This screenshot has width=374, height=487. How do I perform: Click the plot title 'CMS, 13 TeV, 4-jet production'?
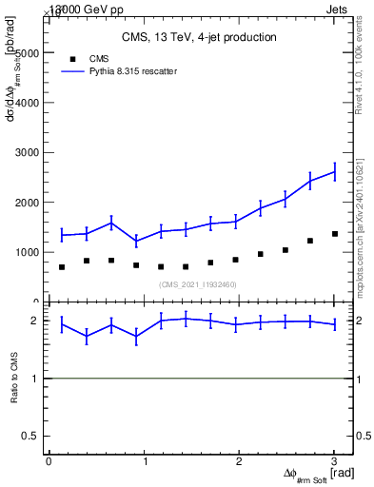199,37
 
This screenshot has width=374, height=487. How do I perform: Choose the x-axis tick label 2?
240,461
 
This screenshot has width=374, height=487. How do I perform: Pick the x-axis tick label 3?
335,461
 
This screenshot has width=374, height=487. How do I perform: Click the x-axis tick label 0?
49,461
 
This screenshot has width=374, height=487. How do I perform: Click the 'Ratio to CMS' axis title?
15,378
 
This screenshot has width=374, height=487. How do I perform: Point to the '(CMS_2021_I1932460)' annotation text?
197,284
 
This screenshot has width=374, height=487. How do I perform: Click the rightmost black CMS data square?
334,234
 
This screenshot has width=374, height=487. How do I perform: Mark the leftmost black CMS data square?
62,267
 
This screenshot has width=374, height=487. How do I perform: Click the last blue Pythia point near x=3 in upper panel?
334,172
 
